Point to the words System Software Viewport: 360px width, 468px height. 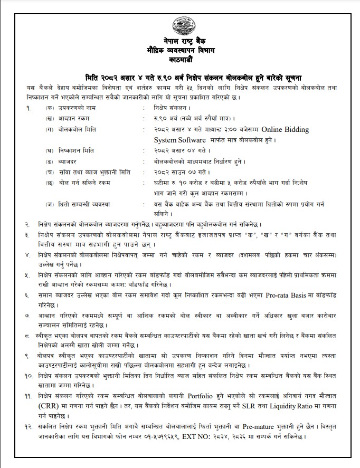click(x=179, y=140)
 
